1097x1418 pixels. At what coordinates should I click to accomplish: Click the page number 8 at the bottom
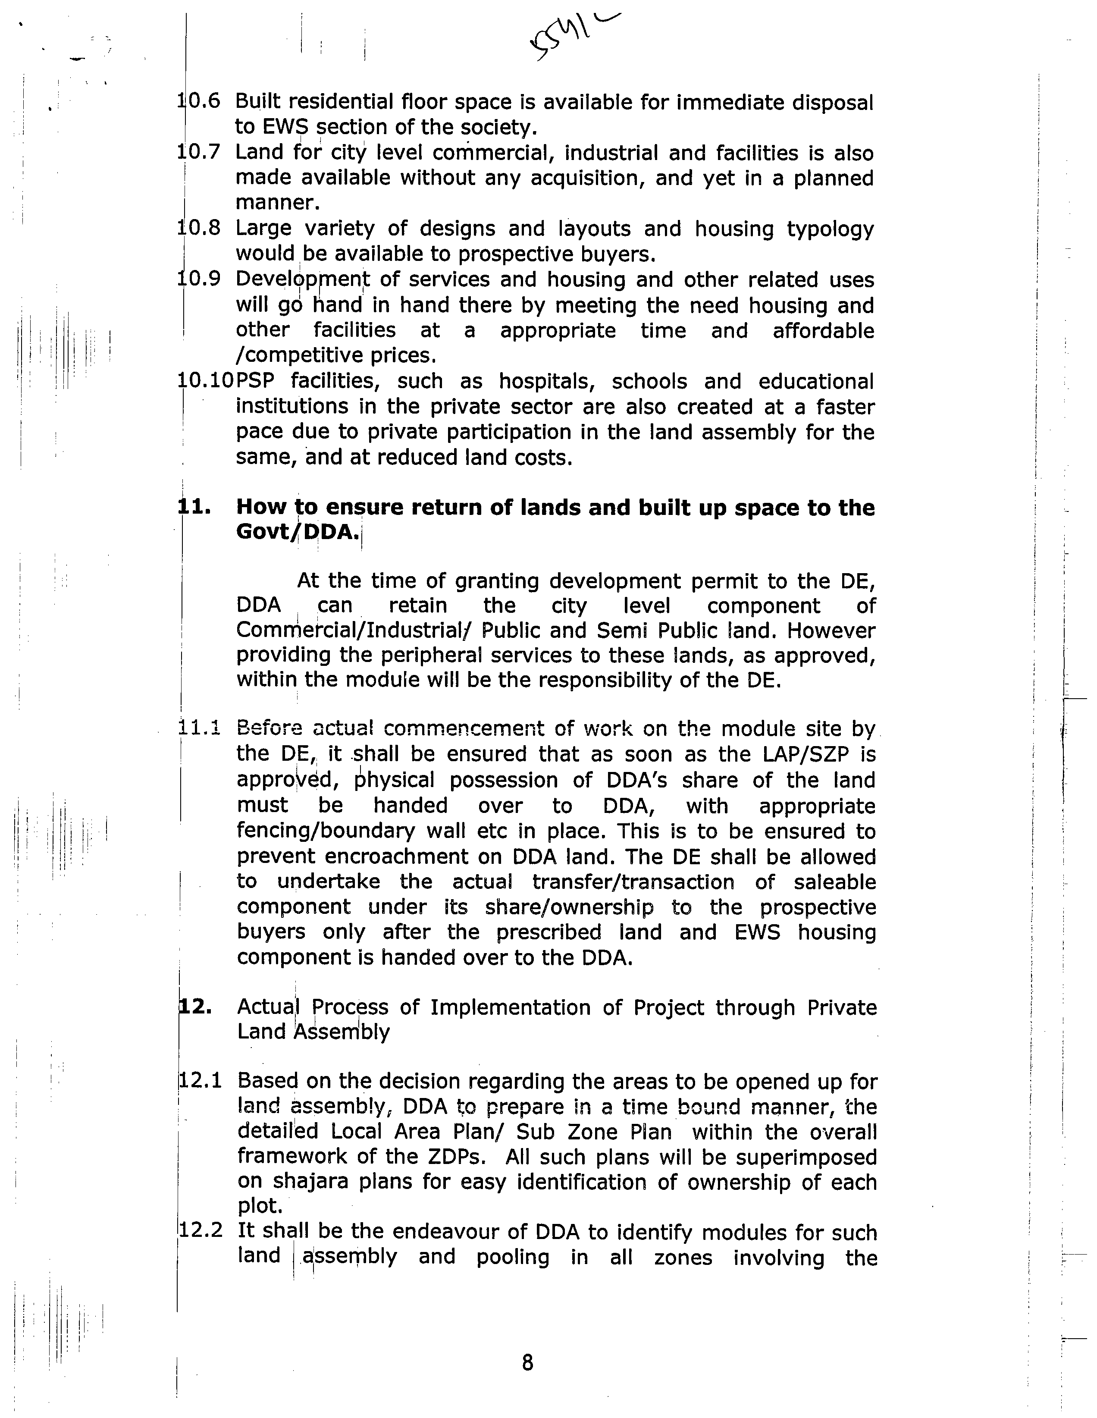(x=527, y=1362)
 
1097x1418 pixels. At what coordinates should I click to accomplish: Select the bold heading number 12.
(x=195, y=1007)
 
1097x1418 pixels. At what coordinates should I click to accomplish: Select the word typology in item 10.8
(x=830, y=229)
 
